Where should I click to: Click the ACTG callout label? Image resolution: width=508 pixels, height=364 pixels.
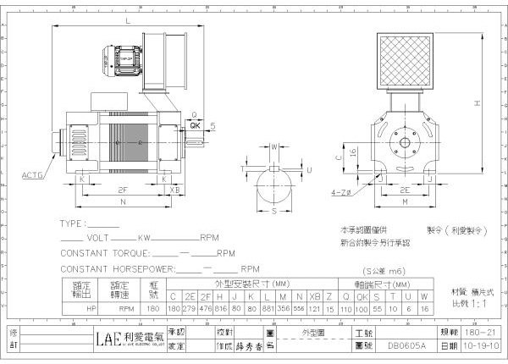click(x=30, y=175)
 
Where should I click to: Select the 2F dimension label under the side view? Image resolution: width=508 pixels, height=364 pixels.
click(x=123, y=190)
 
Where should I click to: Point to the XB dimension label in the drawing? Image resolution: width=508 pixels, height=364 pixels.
click(x=175, y=190)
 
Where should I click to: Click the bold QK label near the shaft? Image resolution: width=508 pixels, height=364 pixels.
click(x=196, y=124)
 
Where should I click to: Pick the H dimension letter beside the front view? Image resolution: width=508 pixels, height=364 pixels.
click(x=478, y=102)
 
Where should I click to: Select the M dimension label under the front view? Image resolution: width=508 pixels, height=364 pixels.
click(x=405, y=203)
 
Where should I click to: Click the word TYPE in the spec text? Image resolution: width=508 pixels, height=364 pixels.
click(x=73, y=224)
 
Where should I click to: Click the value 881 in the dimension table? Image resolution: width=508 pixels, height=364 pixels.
click(x=268, y=309)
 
